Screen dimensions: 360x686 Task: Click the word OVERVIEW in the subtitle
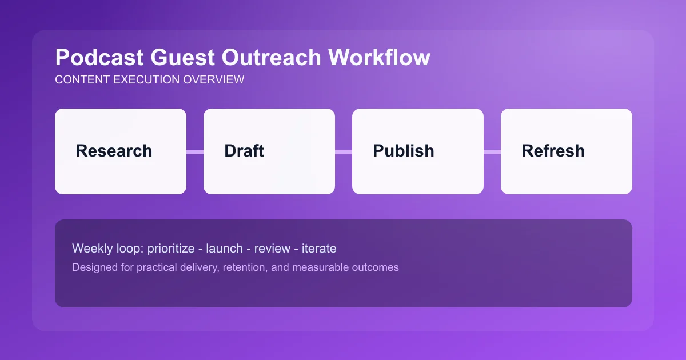click(x=213, y=80)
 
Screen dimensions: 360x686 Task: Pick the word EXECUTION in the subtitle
click(x=146, y=80)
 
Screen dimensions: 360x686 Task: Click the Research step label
click(x=114, y=151)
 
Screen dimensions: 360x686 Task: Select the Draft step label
click(x=244, y=151)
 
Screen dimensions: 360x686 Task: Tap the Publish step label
click(x=404, y=151)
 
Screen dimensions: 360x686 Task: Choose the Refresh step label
click(x=553, y=151)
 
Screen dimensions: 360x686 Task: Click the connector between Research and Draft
click(x=195, y=151)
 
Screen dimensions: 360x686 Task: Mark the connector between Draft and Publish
click(x=344, y=151)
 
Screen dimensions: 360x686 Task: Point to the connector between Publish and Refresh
click(x=492, y=151)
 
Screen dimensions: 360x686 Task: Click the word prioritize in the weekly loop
click(x=172, y=249)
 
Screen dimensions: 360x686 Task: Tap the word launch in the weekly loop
click(x=225, y=249)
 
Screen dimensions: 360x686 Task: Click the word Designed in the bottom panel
click(x=92, y=267)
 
